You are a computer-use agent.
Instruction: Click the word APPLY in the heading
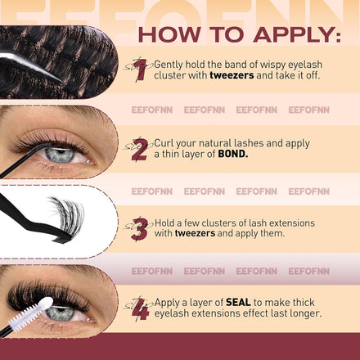[297, 35]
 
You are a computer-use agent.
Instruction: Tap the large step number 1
[142, 70]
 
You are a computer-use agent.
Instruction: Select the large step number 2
[140, 150]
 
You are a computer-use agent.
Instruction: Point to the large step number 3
[140, 229]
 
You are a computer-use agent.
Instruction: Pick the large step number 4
[141, 309]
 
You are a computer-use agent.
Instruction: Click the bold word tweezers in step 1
[232, 75]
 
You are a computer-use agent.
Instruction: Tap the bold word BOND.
[233, 154]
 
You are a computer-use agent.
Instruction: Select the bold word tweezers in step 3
[195, 233]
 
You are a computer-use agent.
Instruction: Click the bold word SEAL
[238, 302]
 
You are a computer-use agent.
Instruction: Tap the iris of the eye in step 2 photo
[60, 155]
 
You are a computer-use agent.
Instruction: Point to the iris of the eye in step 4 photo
[60, 313]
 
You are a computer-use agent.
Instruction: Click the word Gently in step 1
[169, 65]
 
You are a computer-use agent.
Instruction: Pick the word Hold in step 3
[164, 223]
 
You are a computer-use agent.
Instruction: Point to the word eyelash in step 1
[305, 65]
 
